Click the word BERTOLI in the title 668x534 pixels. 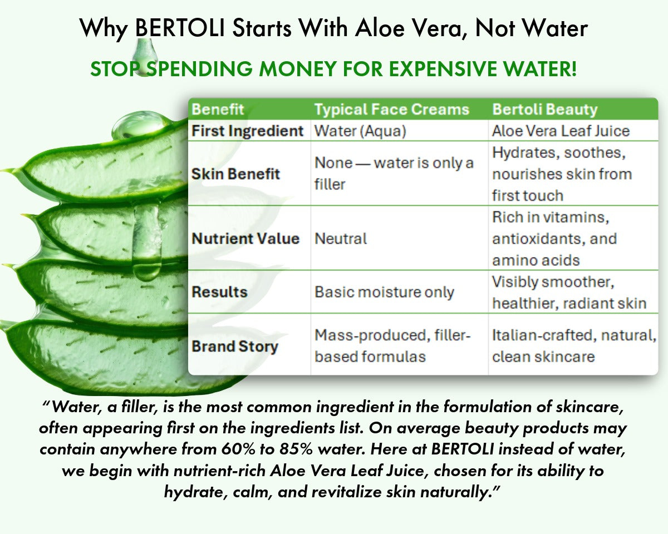[180, 28]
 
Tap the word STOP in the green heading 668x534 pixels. [114, 68]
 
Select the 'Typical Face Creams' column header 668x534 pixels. [392, 109]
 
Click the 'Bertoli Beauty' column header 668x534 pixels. [545, 109]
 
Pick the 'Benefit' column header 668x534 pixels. [218, 109]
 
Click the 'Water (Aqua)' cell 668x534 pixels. [360, 131]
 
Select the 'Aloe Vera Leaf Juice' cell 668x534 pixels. [561, 131]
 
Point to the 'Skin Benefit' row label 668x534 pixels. [235, 174]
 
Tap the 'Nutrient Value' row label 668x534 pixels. [245, 239]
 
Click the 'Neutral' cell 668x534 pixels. [341, 239]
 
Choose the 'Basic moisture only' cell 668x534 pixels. [384, 292]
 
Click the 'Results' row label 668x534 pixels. [219, 292]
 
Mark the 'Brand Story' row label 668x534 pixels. [235, 347]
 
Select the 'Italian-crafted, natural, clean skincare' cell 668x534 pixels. [574, 345]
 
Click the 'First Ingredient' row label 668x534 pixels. [247, 131]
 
